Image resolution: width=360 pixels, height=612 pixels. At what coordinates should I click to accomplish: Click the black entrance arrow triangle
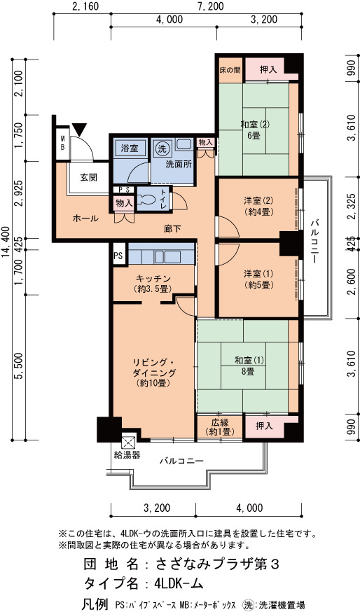click(80, 129)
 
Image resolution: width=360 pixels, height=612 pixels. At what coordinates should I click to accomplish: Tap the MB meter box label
click(62, 144)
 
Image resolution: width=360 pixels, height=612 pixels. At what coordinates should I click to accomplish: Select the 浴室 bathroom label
click(130, 148)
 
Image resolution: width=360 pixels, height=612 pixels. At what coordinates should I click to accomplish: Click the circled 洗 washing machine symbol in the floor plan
click(161, 148)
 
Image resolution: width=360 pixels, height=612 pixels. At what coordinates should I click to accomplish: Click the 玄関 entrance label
click(89, 178)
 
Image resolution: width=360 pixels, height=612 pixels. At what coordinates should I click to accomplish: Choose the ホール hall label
click(85, 218)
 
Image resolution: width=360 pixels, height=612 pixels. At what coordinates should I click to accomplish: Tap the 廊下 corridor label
click(172, 229)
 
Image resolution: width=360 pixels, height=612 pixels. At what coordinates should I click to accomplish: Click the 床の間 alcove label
click(230, 70)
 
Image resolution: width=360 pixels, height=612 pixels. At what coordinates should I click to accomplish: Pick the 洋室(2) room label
click(258, 202)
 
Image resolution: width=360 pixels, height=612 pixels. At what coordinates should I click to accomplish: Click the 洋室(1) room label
click(258, 274)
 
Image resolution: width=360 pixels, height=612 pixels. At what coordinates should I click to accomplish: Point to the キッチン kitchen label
click(153, 279)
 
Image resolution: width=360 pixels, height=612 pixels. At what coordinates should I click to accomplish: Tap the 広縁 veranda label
click(220, 423)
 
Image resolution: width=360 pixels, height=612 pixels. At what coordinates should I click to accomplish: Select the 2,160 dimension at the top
click(85, 6)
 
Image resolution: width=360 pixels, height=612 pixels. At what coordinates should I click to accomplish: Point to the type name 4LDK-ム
click(179, 583)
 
